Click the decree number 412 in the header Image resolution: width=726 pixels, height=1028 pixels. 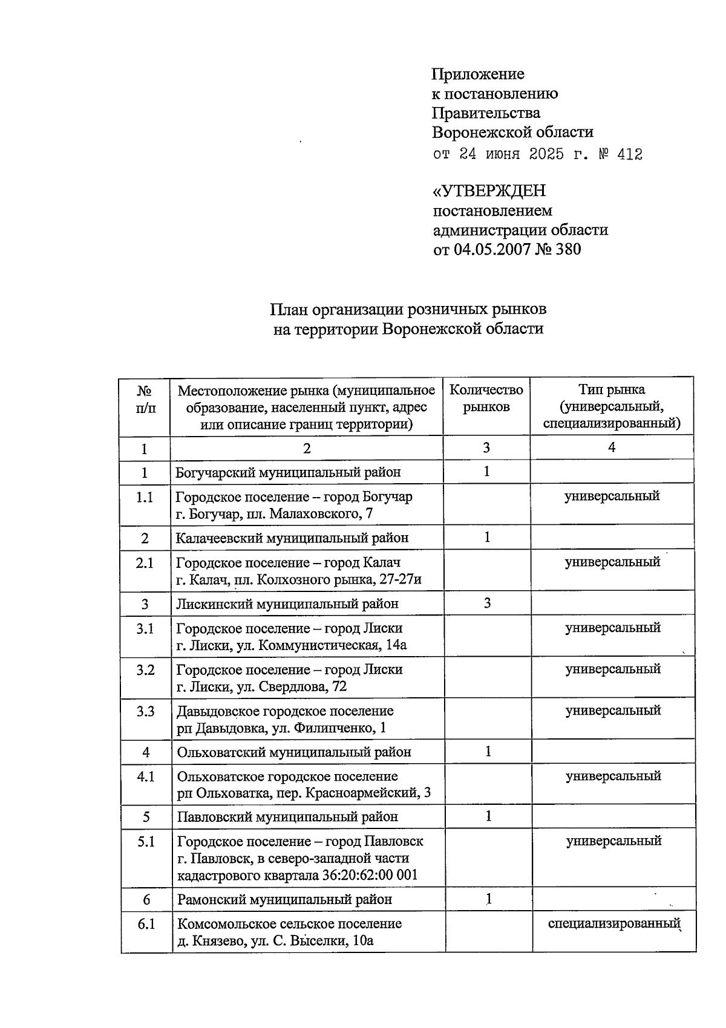[629, 155]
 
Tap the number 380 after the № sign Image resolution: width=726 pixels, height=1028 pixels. [567, 249]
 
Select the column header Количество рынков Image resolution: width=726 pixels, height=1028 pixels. [486, 399]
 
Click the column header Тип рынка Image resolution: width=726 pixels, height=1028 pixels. [612, 390]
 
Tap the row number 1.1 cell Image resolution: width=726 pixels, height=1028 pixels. [145, 497]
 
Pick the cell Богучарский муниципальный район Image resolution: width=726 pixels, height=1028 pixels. [288, 472]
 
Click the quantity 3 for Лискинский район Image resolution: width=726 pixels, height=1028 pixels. [487, 603]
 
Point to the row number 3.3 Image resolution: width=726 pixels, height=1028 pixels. [145, 711]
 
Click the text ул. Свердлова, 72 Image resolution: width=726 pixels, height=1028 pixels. [302, 686]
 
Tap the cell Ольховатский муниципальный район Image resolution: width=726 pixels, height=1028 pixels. [294, 752]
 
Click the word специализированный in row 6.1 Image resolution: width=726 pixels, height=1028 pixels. [613, 923]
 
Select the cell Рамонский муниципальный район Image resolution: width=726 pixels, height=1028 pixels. [284, 899]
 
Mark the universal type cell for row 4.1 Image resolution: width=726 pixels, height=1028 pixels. [613, 776]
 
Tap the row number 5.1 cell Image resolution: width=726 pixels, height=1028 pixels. [146, 841]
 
